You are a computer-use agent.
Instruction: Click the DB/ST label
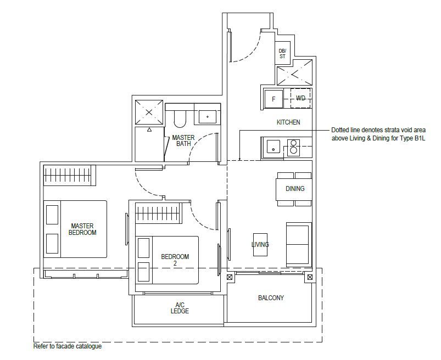pyautogui.click(x=282, y=53)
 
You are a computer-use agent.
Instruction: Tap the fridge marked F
pyautogui.click(x=273, y=99)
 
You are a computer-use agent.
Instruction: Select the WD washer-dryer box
pyautogui.click(x=300, y=98)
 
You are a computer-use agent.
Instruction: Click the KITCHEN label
pyautogui.click(x=288, y=122)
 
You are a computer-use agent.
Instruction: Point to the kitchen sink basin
pyautogui.click(x=273, y=147)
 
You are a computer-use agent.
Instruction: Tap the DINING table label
pyautogui.click(x=295, y=189)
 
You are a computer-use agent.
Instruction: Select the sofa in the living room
pyautogui.click(x=299, y=245)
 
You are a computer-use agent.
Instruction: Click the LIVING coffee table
pyautogui.click(x=260, y=245)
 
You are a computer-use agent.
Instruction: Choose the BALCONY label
pyautogui.click(x=271, y=297)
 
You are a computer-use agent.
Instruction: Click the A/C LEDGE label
pyautogui.click(x=180, y=308)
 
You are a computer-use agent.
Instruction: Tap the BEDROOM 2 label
pyautogui.click(x=175, y=260)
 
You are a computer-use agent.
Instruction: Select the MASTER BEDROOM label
pyautogui.click(x=82, y=229)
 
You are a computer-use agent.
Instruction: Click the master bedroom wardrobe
pyautogui.click(x=69, y=176)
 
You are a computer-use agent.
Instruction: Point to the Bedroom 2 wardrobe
pyautogui.click(x=159, y=213)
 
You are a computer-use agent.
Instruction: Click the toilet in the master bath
pyautogui.click(x=180, y=119)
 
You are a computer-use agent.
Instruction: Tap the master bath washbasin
pyautogui.click(x=207, y=117)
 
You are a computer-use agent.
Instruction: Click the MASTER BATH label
pyautogui.click(x=183, y=140)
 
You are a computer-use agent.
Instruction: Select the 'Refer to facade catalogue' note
pyautogui.click(x=68, y=346)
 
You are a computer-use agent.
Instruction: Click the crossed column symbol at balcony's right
pyautogui.click(x=310, y=277)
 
